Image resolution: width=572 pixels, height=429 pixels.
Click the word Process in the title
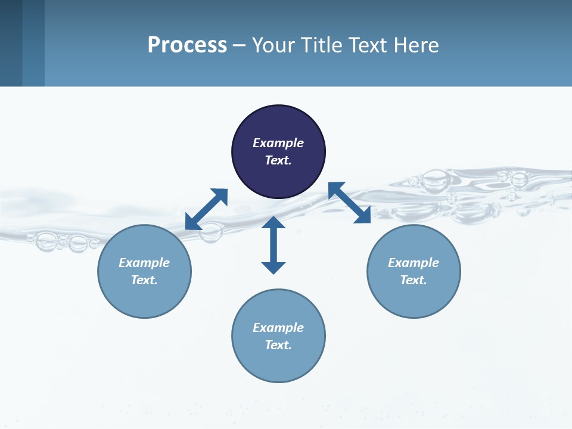[187, 45]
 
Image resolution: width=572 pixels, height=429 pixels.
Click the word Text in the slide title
[369, 45]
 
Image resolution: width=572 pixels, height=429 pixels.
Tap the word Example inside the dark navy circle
[278, 143]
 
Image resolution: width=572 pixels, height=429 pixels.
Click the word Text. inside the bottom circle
[278, 345]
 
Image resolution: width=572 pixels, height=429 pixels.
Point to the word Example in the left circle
[144, 263]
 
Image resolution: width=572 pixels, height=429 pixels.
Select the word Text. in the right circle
[414, 280]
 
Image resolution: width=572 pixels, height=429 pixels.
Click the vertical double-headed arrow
[273, 245]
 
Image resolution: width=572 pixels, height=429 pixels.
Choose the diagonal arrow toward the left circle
[206, 209]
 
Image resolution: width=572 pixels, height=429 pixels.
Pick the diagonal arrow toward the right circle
[349, 203]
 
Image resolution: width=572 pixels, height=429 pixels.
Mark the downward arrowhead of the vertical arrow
[273, 268]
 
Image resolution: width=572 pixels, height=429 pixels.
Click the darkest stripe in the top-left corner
[11, 43]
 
